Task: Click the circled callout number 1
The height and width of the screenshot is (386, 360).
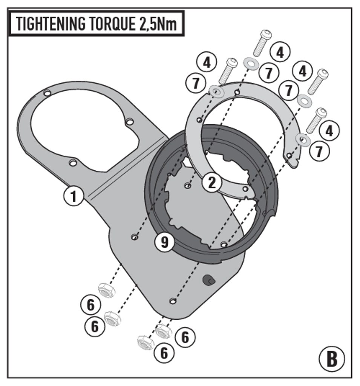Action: click(x=74, y=196)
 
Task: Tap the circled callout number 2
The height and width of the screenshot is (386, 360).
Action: click(x=211, y=183)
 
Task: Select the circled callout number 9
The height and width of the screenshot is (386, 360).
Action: click(x=165, y=242)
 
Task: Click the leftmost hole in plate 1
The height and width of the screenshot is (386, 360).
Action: click(x=47, y=93)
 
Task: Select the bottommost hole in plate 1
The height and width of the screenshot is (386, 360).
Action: click(x=173, y=300)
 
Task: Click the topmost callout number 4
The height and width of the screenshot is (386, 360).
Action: click(x=280, y=52)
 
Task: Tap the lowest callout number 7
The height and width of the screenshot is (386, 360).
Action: click(x=319, y=151)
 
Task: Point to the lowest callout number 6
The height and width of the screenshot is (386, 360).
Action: click(x=164, y=354)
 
